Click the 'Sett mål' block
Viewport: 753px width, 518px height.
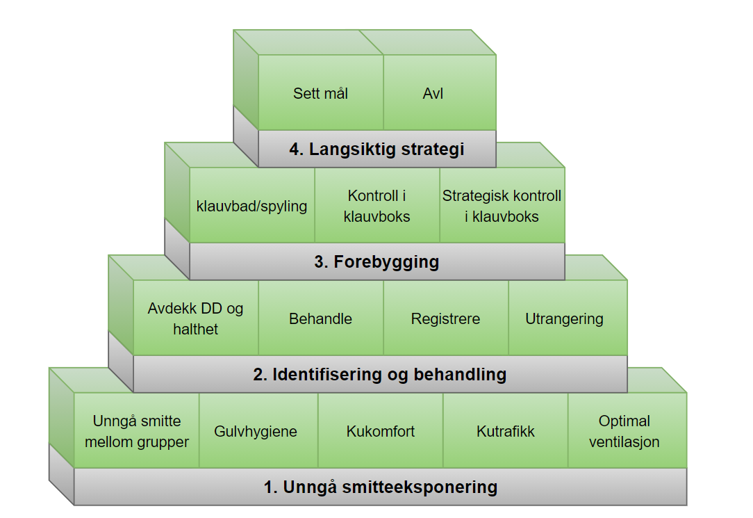click(320, 93)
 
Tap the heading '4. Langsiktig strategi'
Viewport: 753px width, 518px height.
click(376, 149)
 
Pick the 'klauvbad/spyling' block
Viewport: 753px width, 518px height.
click(251, 207)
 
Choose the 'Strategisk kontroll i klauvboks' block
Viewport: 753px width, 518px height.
click(502, 207)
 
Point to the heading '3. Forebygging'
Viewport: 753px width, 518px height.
click(376, 262)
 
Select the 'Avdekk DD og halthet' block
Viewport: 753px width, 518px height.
click(195, 318)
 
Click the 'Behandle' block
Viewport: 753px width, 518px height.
click(320, 319)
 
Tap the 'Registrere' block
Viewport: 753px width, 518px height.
click(445, 319)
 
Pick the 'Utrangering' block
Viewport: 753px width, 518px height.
click(564, 319)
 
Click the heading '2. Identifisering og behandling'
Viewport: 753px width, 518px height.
click(379, 375)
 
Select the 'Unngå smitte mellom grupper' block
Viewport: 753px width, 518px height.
click(136, 431)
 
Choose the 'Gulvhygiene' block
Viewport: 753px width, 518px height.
click(256, 432)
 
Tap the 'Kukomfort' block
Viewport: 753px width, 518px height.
click(381, 432)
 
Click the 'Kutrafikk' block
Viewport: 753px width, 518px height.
click(506, 432)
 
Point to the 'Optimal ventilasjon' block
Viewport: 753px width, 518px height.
click(624, 431)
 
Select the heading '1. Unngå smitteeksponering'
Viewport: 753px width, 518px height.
click(380, 487)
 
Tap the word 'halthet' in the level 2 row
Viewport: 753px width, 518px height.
click(195, 329)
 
